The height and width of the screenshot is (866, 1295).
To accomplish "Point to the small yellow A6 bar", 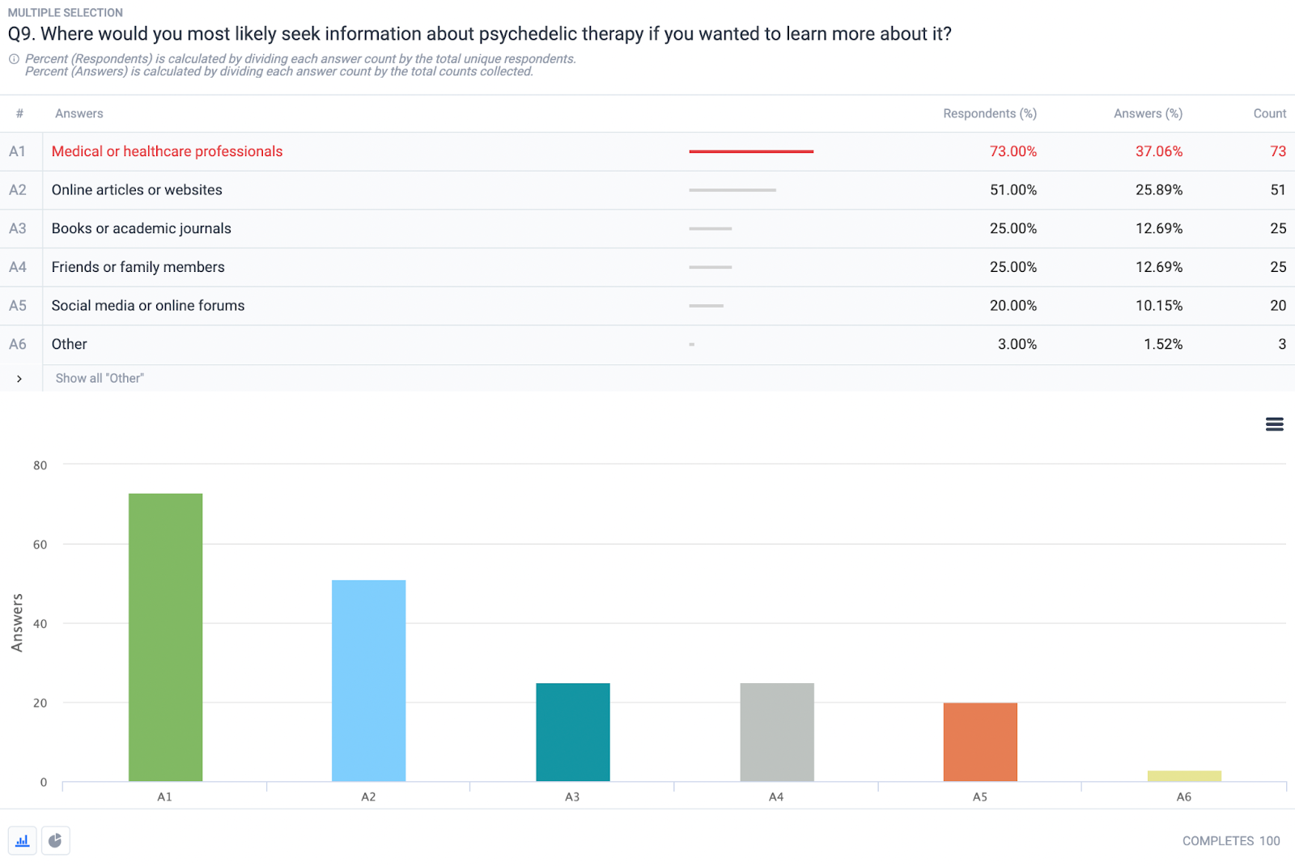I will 1184,776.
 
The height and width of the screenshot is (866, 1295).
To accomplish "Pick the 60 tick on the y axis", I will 40,545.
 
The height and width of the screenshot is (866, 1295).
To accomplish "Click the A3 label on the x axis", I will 572,797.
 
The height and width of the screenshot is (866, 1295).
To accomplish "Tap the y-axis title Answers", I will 17,622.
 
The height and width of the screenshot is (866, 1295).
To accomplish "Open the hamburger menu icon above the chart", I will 1274,424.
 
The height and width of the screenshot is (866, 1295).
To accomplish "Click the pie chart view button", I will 55,841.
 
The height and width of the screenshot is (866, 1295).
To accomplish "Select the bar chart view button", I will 23,841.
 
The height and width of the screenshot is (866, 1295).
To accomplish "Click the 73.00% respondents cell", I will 1013,151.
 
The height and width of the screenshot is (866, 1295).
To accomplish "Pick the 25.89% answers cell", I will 1158,190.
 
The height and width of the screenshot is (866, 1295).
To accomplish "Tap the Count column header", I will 1269,113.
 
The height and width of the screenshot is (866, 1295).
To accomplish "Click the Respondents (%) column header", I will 989,113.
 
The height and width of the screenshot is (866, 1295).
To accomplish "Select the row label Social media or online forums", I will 148,306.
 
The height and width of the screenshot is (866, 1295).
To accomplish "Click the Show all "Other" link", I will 100,378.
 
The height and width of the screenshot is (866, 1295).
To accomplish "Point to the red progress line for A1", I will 751,151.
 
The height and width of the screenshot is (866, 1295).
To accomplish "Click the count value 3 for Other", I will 1281,344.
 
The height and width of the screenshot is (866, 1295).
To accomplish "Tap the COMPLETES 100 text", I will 1230,841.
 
